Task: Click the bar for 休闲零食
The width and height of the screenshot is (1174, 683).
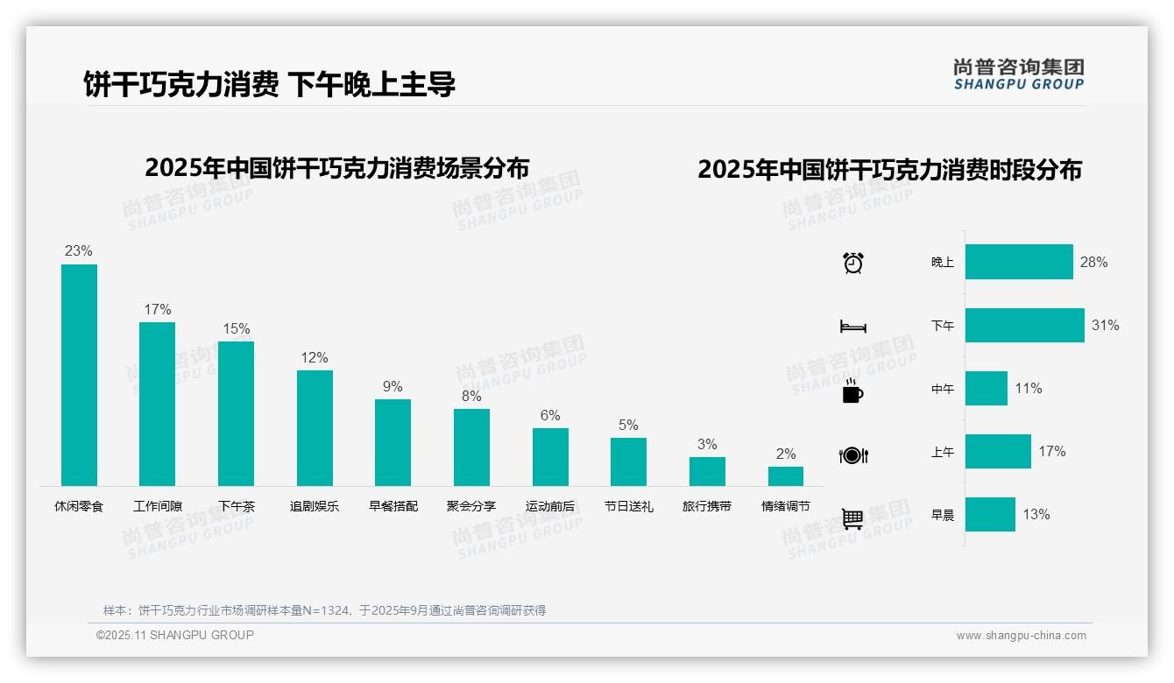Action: [79, 375]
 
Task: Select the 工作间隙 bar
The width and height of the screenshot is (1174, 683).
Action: [157, 404]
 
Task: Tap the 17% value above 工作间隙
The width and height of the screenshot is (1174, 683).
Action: [158, 310]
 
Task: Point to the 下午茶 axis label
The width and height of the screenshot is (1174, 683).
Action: [237, 506]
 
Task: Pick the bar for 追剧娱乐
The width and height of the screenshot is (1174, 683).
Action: [315, 428]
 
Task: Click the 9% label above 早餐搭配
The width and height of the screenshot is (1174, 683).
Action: [393, 387]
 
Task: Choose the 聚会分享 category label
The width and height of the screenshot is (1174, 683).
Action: [471, 506]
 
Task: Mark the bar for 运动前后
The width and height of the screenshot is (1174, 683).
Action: [550, 457]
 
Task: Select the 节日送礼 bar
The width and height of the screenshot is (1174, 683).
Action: [628, 461]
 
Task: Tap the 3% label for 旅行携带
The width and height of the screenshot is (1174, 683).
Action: [707, 445]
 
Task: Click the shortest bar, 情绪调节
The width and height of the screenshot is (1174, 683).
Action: [786, 476]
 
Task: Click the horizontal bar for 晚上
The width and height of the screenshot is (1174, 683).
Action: [1019, 262]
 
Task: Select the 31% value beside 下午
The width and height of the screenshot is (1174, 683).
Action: [1105, 326]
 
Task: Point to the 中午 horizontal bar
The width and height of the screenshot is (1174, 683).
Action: [987, 388]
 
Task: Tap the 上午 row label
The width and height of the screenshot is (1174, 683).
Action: [943, 452]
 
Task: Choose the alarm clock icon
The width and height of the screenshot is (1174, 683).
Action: [853, 263]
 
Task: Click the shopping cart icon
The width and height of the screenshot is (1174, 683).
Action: [852, 518]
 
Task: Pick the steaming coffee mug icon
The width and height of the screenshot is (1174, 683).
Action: [852, 391]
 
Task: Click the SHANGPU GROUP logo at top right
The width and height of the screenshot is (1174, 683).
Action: [1019, 74]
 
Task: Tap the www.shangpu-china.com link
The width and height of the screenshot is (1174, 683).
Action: [1021, 636]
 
